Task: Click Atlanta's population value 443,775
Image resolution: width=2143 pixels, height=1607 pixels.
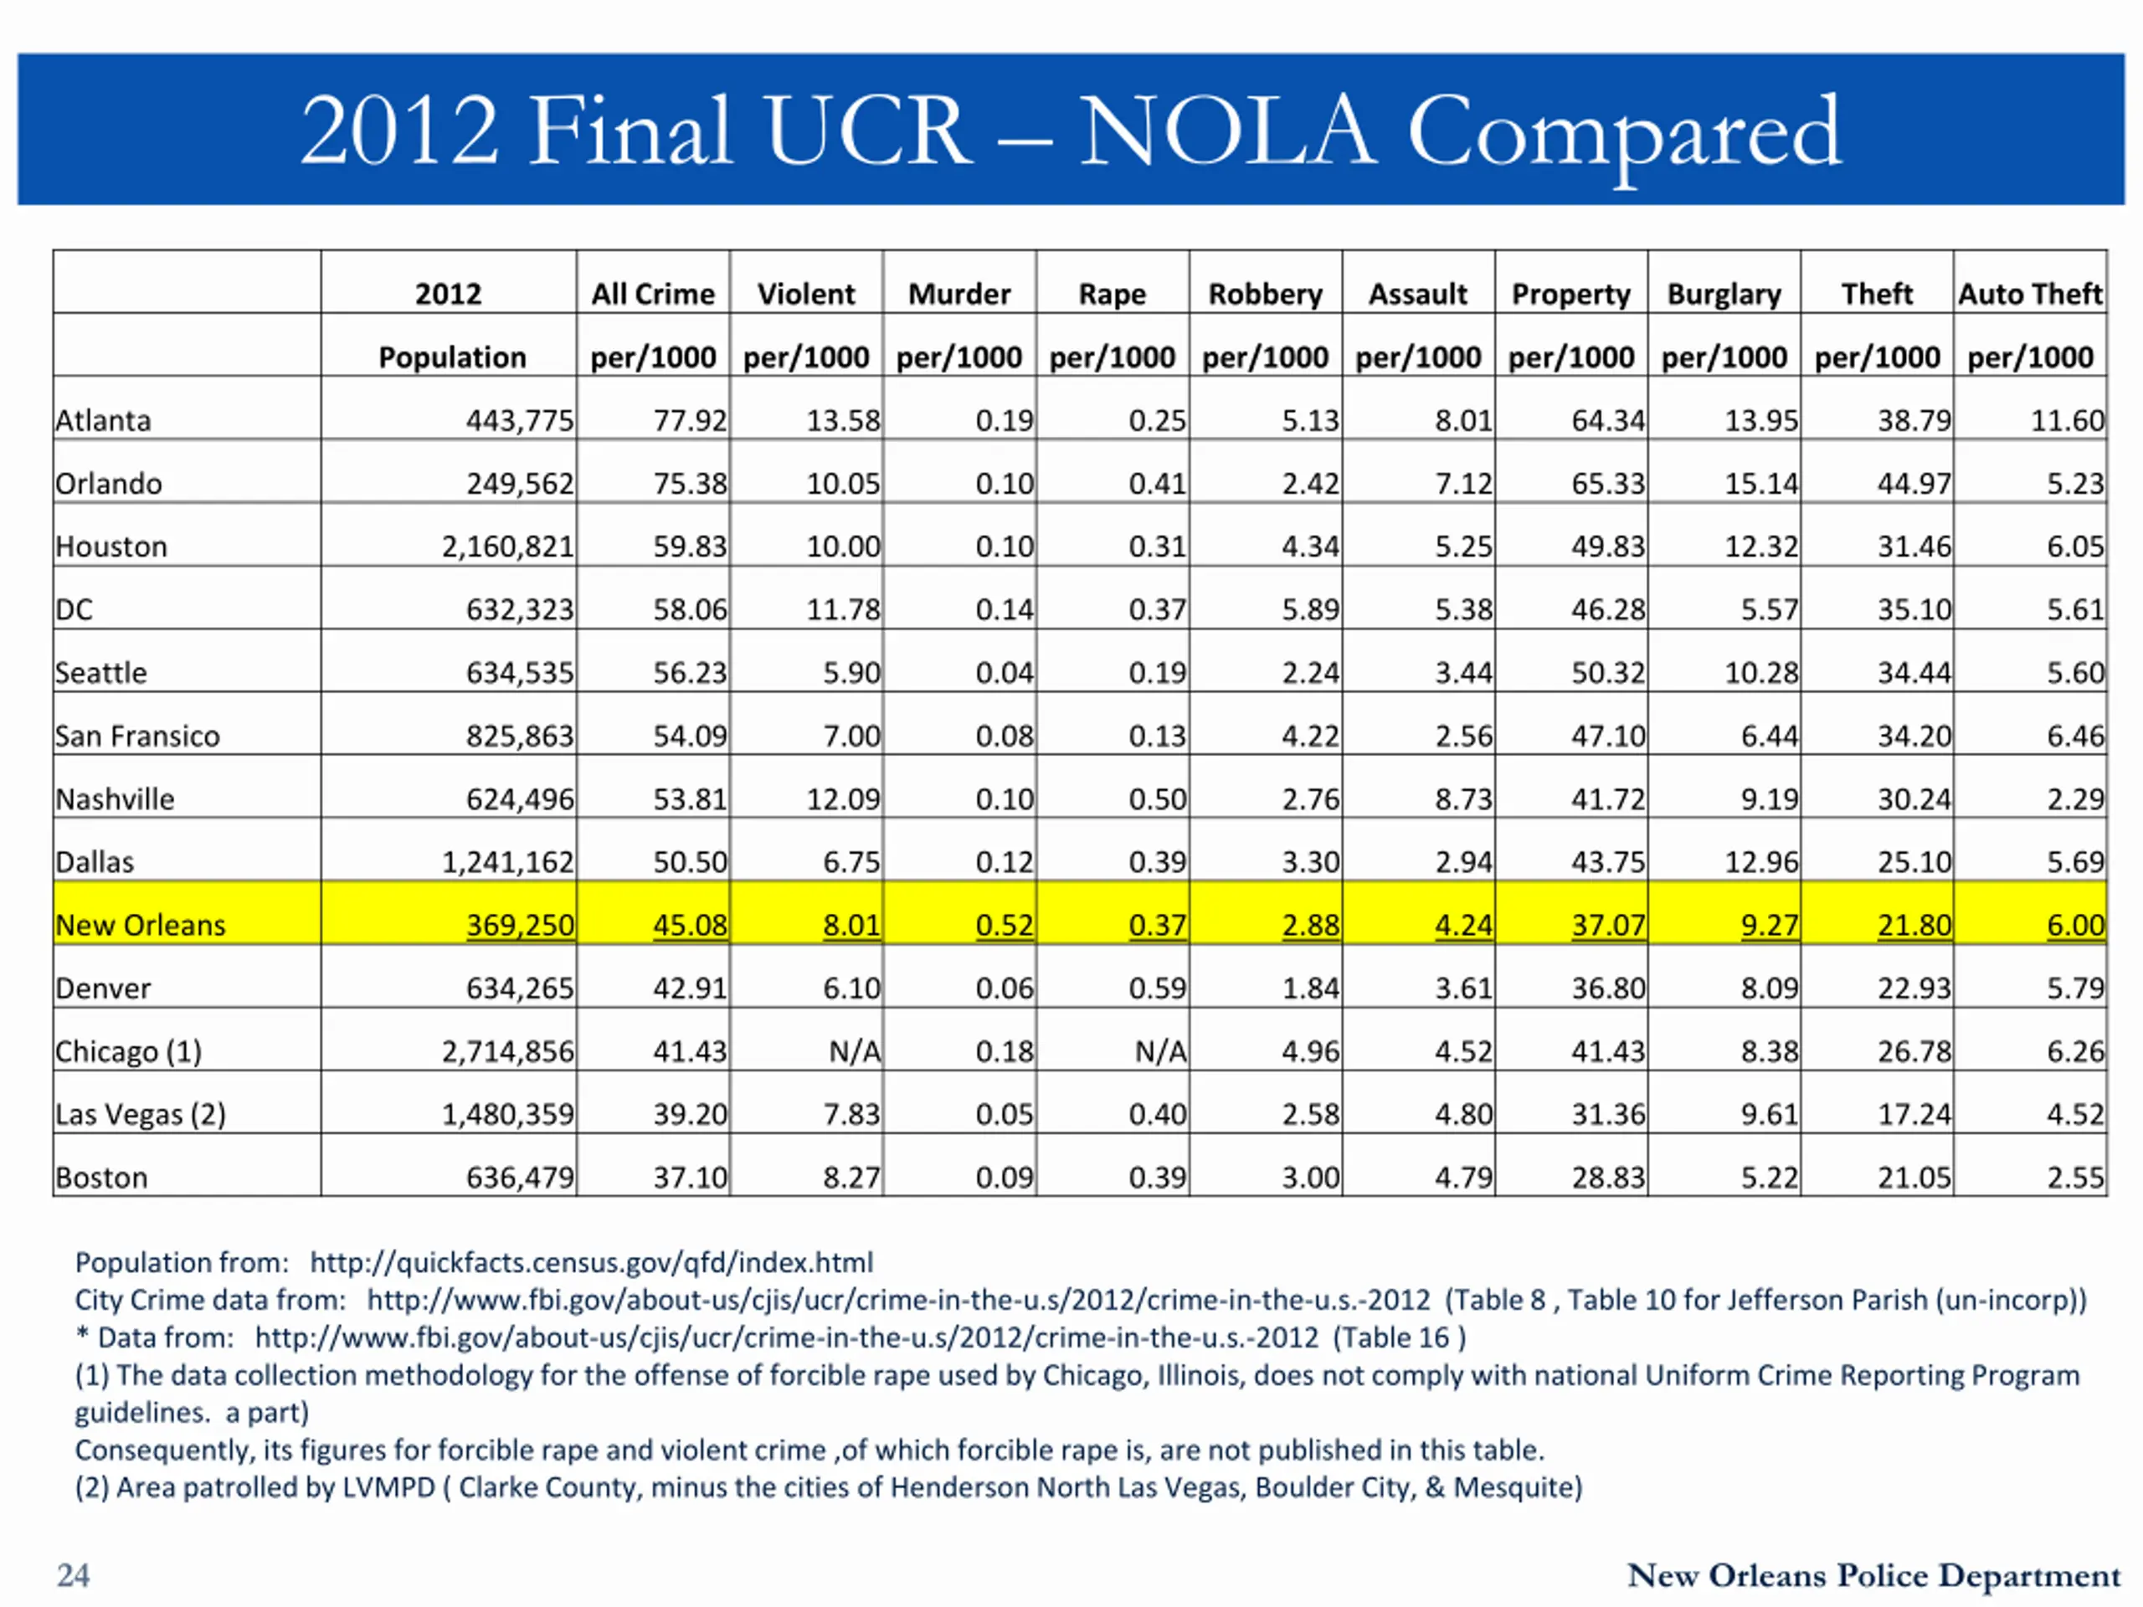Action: [519, 420]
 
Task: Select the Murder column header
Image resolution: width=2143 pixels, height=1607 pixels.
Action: [959, 294]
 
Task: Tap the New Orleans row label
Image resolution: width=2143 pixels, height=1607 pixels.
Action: [141, 925]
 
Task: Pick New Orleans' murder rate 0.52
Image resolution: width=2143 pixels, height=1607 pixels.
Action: [1005, 925]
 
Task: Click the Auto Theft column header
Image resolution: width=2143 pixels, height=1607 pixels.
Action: [2031, 294]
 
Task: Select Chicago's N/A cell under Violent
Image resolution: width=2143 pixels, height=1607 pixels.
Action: [855, 1051]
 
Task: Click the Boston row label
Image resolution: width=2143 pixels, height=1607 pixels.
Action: [102, 1177]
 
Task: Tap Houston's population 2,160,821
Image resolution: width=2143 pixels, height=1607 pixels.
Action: [507, 547]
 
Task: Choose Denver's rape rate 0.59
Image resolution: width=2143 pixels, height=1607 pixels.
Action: [1158, 988]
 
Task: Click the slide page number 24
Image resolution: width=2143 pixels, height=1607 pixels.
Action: [74, 1575]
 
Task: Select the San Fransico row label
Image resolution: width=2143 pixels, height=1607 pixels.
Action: [137, 737]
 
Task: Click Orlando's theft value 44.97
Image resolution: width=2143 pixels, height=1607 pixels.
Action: [1914, 484]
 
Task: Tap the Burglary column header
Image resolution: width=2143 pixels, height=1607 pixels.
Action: [1724, 294]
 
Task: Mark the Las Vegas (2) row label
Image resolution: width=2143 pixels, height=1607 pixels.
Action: [141, 1114]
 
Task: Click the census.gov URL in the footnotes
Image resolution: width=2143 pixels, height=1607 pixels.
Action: [591, 1262]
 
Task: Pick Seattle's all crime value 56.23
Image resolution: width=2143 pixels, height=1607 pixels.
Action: [690, 672]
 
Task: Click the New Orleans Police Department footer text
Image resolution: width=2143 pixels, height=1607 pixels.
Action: [1873, 1576]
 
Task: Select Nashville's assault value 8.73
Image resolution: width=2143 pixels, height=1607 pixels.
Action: [1464, 799]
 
